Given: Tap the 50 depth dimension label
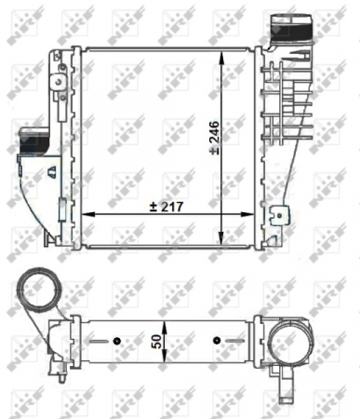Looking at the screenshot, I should click(162, 342).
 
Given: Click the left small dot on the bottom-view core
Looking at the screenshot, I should click(116, 339).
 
